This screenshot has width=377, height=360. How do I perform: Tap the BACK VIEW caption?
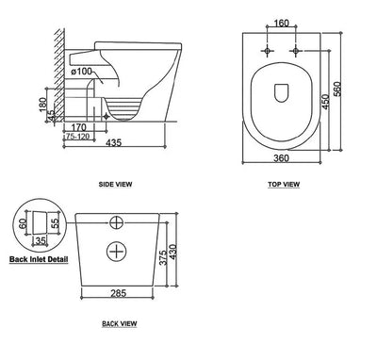point(119,323)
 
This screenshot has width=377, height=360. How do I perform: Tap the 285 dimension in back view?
point(119,294)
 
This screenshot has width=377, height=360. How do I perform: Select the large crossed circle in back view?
point(118,251)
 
